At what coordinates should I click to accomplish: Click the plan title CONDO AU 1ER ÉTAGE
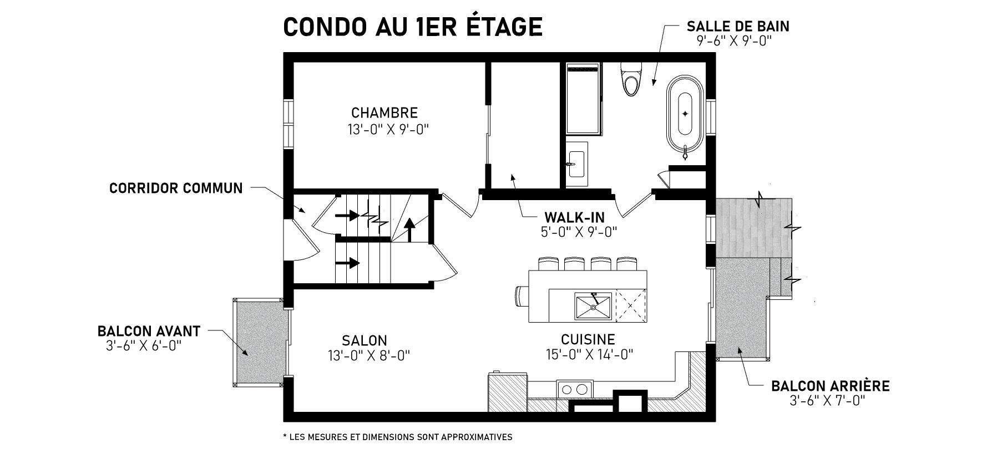tap(412, 26)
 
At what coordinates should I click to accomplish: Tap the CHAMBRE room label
tap(384, 113)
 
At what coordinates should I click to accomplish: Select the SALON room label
tap(365, 340)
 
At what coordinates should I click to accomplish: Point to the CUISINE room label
tap(588, 339)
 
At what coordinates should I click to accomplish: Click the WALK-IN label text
tap(574, 217)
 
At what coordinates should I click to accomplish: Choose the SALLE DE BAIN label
tap(738, 26)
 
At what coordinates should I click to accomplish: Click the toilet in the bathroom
tap(631, 78)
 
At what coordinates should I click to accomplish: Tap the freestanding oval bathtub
tap(685, 114)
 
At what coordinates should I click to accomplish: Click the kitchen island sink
tap(593, 306)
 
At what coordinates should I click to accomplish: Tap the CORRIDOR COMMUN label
tap(176, 188)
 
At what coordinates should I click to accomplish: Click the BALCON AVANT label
tap(149, 331)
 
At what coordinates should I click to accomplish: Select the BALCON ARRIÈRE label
tap(831, 386)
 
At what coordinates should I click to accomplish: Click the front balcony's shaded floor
tap(260, 341)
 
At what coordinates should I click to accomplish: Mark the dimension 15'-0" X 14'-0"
tap(589, 354)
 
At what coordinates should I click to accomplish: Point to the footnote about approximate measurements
tap(397, 437)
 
